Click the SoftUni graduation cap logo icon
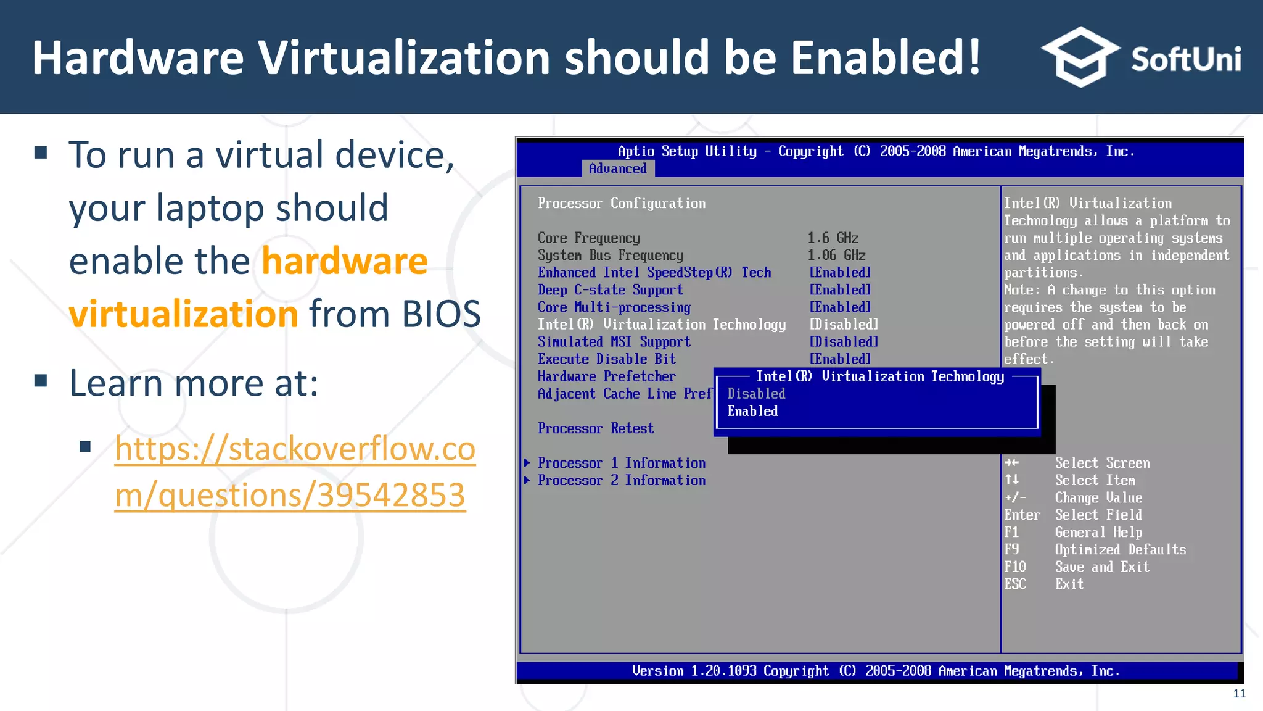click(x=1080, y=57)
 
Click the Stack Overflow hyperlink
click(x=295, y=472)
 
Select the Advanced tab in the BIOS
click(x=617, y=168)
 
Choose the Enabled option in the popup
click(x=752, y=411)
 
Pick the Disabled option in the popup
click(x=756, y=394)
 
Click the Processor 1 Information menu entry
click(x=621, y=463)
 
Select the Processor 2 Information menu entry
click(x=621, y=480)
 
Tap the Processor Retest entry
click(x=595, y=428)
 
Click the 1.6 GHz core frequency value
click(x=833, y=238)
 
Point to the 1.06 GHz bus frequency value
click(x=836, y=255)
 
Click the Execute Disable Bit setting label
click(x=606, y=359)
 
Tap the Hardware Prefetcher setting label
click(x=606, y=376)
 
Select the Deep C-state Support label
click(x=610, y=289)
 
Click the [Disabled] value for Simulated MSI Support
click(x=843, y=342)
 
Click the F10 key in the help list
click(x=1014, y=567)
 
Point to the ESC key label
click(x=1014, y=584)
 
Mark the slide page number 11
click(x=1239, y=694)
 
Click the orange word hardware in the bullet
click(x=344, y=260)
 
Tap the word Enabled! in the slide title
click(x=885, y=57)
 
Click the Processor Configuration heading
click(x=621, y=203)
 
